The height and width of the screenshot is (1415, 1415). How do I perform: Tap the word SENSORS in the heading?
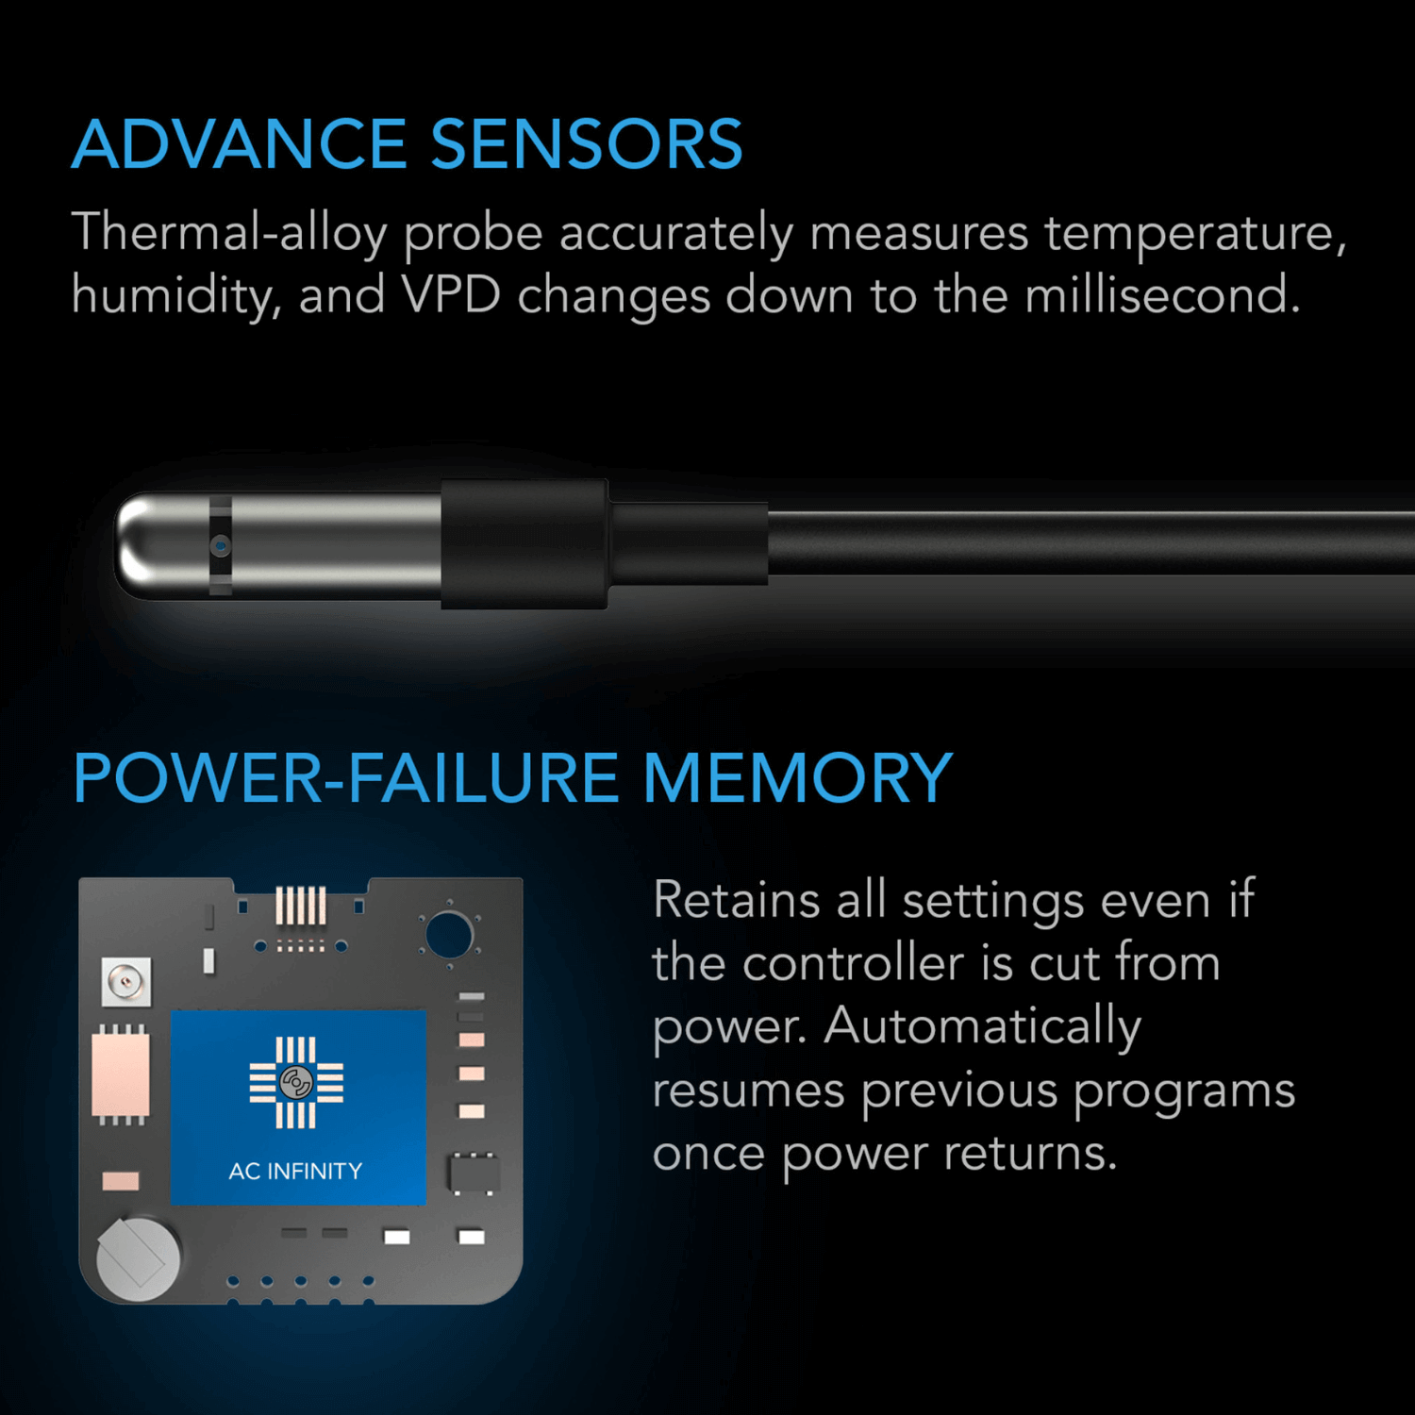pos(587,145)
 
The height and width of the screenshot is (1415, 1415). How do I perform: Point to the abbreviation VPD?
pos(451,295)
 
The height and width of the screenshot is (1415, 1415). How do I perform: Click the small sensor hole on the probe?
pos(220,545)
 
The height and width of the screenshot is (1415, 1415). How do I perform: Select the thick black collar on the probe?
pos(524,544)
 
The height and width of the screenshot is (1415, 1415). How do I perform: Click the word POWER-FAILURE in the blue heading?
pos(345,779)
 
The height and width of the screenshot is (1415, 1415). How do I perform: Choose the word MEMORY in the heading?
pos(797,779)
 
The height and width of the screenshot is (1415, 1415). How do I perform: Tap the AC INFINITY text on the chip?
pos(295,1172)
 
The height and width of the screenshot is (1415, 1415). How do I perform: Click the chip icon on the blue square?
pos(296,1083)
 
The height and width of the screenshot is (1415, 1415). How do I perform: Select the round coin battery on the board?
pos(139,1259)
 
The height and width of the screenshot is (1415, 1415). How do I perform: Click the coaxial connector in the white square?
pos(125,983)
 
